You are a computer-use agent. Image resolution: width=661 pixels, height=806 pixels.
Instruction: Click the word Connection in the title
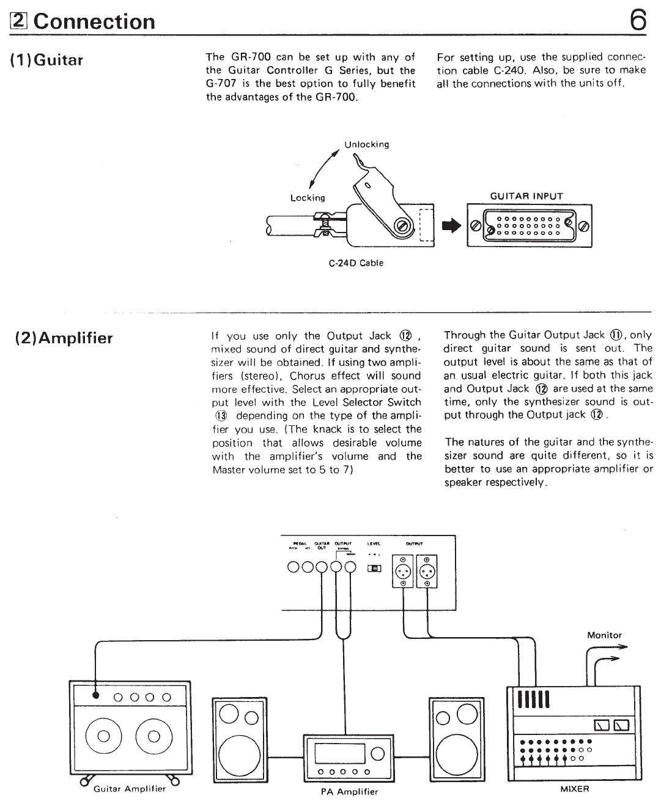point(95,22)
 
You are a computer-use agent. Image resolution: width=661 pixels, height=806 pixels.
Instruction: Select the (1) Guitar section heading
point(47,60)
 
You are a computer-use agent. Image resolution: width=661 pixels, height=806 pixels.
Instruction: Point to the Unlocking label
point(366,145)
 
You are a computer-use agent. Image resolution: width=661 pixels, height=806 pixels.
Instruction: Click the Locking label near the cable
point(308,198)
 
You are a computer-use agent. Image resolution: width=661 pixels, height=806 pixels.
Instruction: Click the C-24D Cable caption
point(356,263)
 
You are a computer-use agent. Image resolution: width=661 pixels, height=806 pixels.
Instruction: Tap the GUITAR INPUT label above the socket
point(526,196)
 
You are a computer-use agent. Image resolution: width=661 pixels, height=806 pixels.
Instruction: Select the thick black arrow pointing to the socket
point(449,226)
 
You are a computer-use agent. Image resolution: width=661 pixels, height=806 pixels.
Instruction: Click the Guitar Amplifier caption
point(130,788)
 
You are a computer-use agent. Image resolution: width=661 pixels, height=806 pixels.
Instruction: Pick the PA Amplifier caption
point(349,791)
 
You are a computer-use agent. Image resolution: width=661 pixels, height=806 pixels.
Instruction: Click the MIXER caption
point(575,789)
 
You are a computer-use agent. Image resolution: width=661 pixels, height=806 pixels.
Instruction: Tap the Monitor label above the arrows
point(604,635)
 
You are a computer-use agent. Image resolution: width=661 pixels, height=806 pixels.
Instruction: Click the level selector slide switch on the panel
point(374,569)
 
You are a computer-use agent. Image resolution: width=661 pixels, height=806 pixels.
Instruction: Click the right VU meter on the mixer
point(622,726)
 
